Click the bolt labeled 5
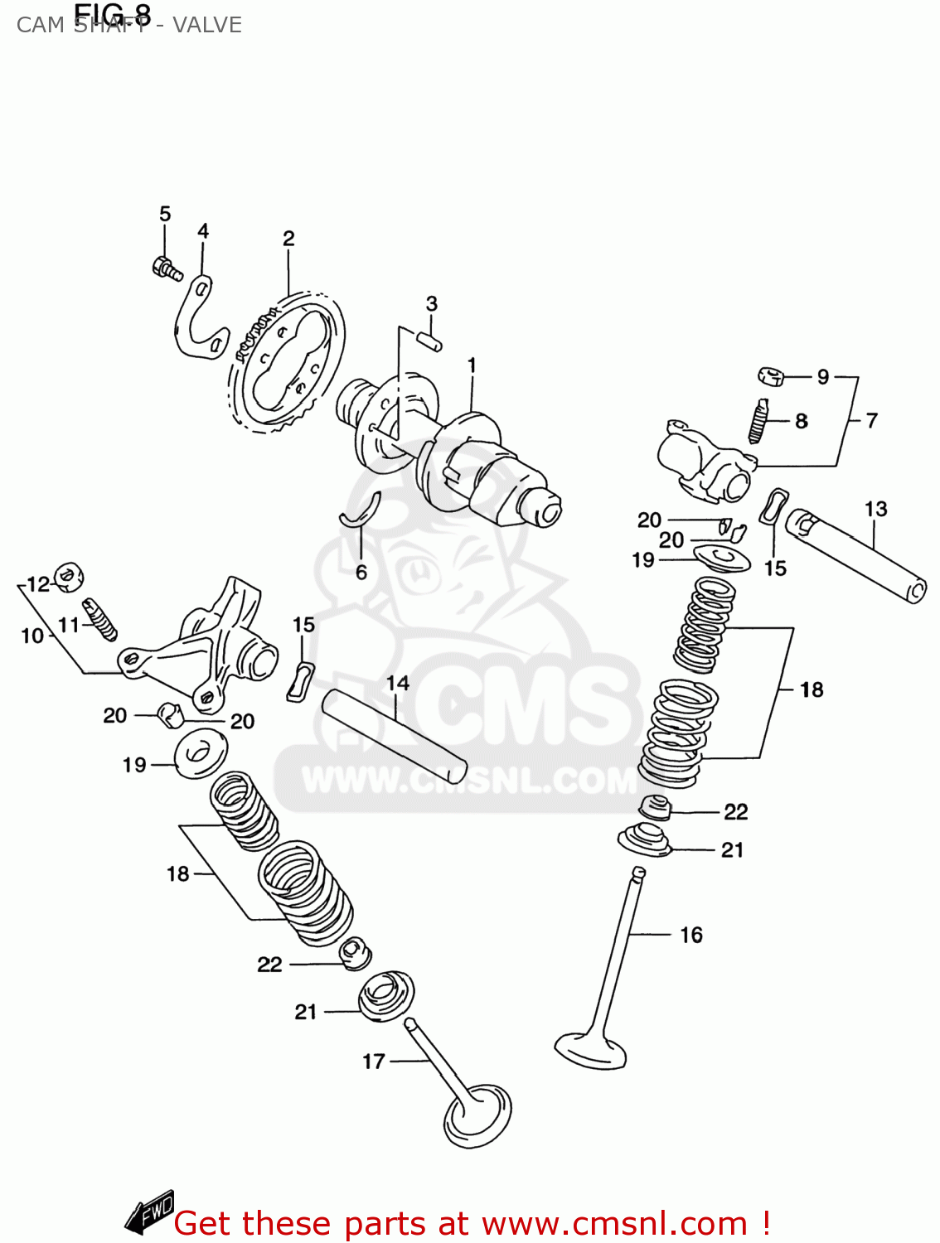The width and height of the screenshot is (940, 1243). click(x=167, y=269)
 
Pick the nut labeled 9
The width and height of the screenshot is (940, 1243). click(x=772, y=377)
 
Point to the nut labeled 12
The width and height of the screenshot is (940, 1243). click(x=69, y=575)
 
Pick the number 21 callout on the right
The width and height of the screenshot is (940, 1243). click(x=732, y=849)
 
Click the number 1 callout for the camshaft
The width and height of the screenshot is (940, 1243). click(x=472, y=365)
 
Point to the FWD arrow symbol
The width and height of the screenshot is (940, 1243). click(x=150, y=1213)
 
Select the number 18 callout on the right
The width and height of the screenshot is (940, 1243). click(x=812, y=689)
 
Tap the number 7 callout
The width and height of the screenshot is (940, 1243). click(x=871, y=420)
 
